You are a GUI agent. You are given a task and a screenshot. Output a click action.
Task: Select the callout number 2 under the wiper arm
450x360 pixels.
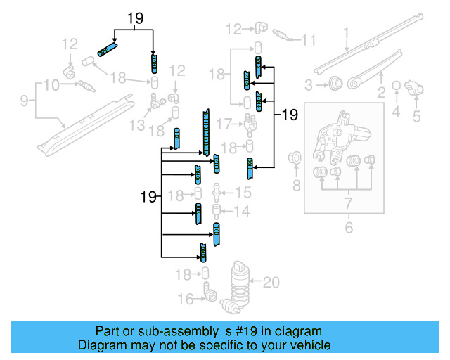tap(381, 92)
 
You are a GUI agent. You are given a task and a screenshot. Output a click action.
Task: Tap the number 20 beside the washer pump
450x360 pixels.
tap(271, 283)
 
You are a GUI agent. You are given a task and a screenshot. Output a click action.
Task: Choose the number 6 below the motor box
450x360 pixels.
tap(346, 226)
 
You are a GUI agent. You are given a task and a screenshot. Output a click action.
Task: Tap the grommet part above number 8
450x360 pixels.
tap(295, 160)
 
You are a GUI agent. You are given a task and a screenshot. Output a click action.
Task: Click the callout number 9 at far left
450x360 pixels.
tap(24, 101)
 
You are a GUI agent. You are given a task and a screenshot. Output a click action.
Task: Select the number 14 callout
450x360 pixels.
tap(241, 211)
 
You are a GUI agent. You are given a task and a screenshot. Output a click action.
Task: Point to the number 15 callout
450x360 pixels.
tap(242, 192)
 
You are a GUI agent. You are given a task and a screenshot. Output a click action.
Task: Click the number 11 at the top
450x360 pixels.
tap(309, 40)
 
